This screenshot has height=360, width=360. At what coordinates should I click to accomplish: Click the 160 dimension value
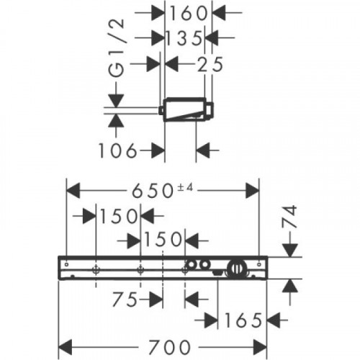(189, 13)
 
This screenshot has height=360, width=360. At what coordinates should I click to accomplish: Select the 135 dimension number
(184, 38)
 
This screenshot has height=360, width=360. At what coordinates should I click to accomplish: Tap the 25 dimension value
(210, 64)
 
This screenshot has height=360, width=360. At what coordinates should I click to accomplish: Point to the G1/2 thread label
(117, 48)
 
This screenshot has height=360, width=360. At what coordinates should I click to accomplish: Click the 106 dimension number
(118, 150)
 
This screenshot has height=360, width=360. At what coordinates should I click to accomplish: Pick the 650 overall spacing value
(153, 191)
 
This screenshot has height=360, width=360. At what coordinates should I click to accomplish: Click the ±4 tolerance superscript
(185, 187)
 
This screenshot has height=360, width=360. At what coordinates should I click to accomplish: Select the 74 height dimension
(289, 217)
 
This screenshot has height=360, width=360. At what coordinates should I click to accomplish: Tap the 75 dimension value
(125, 300)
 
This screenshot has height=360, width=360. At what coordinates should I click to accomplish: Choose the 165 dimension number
(243, 320)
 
